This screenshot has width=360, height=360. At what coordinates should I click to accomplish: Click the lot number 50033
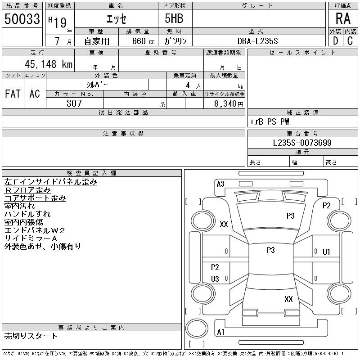(x=22, y=19)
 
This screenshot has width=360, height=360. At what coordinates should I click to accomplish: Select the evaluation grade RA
(x=342, y=19)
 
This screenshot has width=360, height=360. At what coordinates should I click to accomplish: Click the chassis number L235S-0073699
(x=302, y=143)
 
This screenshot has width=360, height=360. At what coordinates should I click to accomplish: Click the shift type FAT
(x=13, y=94)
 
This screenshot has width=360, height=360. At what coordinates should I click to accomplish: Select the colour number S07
(x=74, y=103)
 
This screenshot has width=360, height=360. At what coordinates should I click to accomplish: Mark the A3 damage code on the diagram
(x=220, y=184)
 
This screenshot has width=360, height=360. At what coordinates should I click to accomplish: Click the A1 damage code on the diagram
(x=220, y=332)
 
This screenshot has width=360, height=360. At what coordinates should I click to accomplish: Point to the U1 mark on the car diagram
(x=326, y=252)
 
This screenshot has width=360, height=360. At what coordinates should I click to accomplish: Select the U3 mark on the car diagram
(x=215, y=279)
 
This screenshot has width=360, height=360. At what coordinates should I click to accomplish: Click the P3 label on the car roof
(x=270, y=250)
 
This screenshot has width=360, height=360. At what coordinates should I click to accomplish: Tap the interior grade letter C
(x=350, y=41)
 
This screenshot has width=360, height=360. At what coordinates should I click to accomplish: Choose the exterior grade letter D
(x=335, y=41)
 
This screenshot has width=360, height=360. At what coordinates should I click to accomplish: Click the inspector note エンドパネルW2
(x=35, y=230)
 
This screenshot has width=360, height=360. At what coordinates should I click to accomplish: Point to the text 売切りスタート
(x=31, y=336)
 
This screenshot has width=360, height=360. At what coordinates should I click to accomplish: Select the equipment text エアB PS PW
(x=270, y=121)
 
